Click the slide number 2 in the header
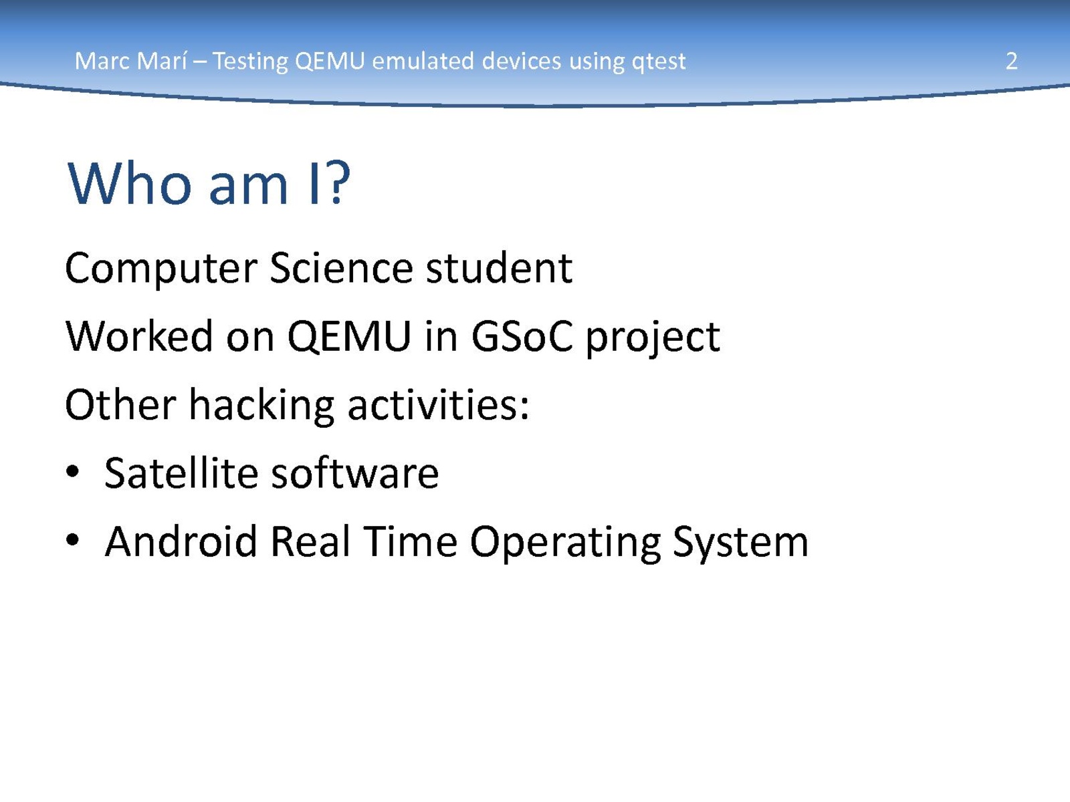pyautogui.click(x=1012, y=61)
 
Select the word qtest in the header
pyautogui.click(x=659, y=63)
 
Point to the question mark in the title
pyautogui.click(x=339, y=182)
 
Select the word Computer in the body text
pyautogui.click(x=161, y=269)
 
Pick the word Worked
pyautogui.click(x=139, y=336)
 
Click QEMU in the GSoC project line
pyautogui.click(x=349, y=337)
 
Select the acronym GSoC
pyautogui.click(x=522, y=336)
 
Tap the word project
pyautogui.click(x=653, y=339)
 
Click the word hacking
pyautogui.click(x=261, y=406)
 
